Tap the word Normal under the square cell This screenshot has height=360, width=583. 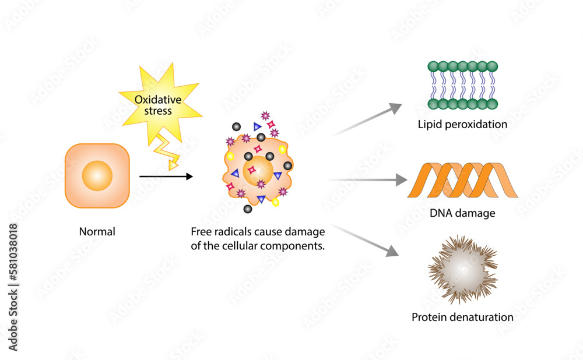coord(97,232)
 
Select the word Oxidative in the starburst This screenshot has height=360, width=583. coord(158,100)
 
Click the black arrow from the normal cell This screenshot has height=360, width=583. coord(166,176)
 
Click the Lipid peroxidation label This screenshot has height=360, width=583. coord(462,125)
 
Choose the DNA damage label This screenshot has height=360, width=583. coord(462,213)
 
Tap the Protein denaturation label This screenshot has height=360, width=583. coord(462,317)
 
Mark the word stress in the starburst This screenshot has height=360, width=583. coord(158,111)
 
